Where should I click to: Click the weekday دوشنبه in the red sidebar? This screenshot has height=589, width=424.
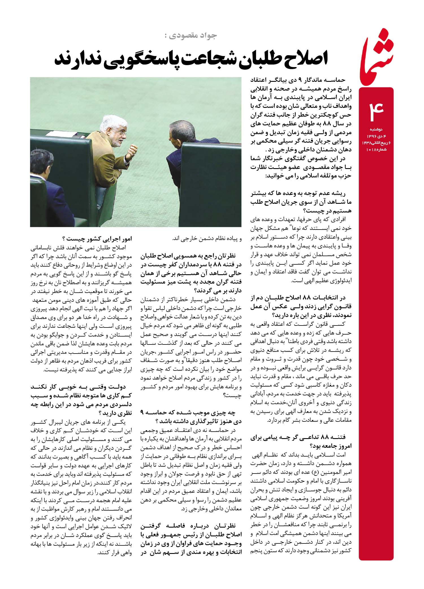pos(376,129)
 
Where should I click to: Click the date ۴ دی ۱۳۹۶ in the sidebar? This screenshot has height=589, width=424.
pos(376,136)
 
